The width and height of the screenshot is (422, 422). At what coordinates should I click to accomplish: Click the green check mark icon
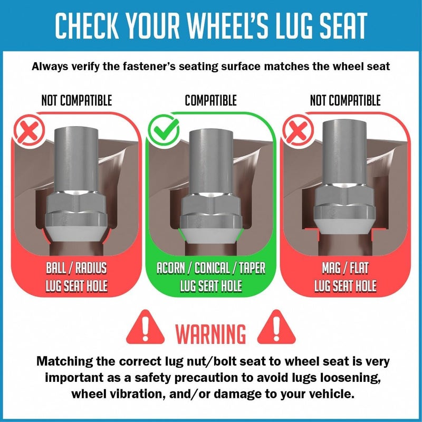click(x=164, y=130)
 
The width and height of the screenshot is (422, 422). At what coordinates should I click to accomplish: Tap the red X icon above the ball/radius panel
click(x=30, y=130)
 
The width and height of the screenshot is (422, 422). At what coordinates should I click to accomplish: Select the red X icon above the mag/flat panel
click(x=298, y=130)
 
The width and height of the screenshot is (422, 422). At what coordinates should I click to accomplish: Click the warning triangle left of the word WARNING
click(x=146, y=327)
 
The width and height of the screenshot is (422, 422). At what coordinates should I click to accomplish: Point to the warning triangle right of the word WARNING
click(x=276, y=327)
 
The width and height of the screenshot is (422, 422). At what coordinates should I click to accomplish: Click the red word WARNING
click(x=210, y=334)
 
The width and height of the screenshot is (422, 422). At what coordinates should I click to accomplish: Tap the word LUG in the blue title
click(x=293, y=25)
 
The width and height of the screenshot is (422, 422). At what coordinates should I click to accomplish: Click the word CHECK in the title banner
click(x=87, y=25)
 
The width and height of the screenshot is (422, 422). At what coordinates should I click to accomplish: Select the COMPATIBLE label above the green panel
click(x=210, y=100)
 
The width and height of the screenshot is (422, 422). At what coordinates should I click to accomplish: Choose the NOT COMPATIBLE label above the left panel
click(x=76, y=100)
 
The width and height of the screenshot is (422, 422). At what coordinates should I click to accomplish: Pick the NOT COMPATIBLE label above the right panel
click(x=346, y=100)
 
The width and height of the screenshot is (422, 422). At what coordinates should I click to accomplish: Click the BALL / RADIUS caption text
click(x=76, y=268)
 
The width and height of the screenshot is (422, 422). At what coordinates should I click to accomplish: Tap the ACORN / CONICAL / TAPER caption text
click(x=211, y=268)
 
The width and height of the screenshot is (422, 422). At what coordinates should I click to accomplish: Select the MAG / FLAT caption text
click(x=346, y=268)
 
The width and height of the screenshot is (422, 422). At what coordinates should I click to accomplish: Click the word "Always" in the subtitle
click(x=50, y=66)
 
